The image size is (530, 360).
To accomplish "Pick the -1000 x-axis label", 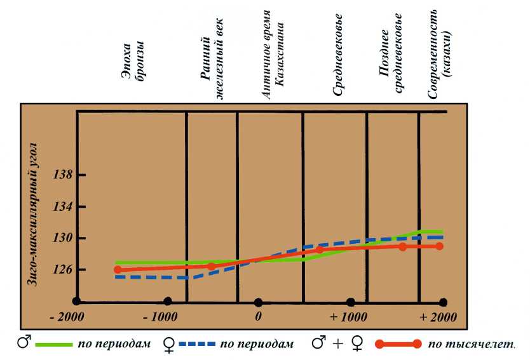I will [159, 316].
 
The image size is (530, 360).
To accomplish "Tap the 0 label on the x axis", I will [258, 316].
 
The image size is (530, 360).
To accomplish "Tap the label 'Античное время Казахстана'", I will [273, 60].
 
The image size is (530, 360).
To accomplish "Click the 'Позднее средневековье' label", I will [391, 54].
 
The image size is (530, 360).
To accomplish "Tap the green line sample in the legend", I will [53, 344].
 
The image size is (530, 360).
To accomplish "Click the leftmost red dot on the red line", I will [118, 270].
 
